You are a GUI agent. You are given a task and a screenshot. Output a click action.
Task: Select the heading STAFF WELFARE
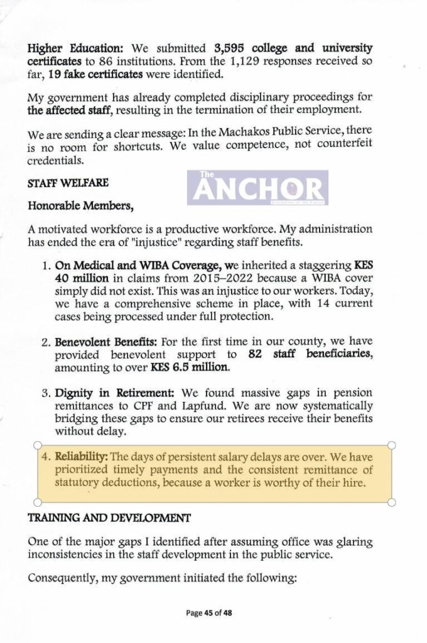coord(68,183)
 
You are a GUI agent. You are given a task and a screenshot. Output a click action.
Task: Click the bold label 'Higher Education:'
coord(69,48)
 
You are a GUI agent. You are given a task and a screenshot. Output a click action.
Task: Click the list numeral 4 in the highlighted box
coord(45,456)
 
